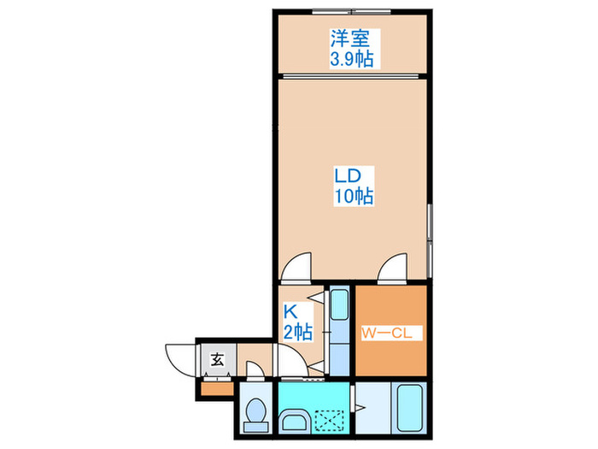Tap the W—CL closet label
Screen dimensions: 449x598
pyautogui.click(x=390, y=333)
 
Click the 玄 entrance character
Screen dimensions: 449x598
pyautogui.click(x=217, y=359)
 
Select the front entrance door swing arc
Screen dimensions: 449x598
pyautogui.click(x=179, y=357)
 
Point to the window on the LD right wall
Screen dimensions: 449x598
pyautogui.click(x=431, y=233)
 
